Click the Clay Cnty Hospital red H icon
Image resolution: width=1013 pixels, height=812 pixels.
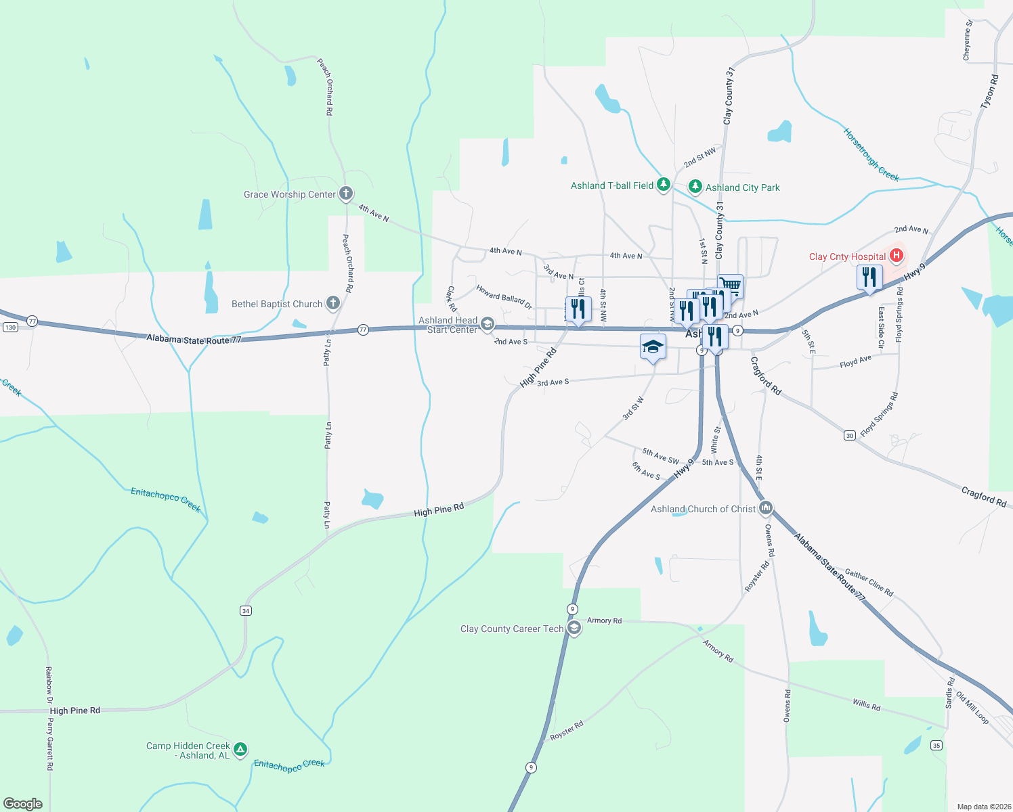pos(897,256)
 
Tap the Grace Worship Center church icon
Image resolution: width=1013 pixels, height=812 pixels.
pos(346,194)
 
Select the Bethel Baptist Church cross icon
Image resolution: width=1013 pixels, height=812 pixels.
pos(332,303)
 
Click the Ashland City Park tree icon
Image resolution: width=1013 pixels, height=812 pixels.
pos(695,187)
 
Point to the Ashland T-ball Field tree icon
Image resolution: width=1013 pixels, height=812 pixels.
pos(664,185)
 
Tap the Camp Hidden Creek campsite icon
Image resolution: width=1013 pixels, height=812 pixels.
pos(240,750)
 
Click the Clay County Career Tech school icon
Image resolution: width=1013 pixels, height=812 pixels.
pos(574,629)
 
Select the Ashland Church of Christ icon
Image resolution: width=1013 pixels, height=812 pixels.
pos(766,508)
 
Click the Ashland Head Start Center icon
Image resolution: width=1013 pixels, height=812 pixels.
pos(487,325)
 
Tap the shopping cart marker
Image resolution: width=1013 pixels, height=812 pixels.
pos(730,285)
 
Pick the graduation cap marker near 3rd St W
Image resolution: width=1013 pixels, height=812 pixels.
pos(653,347)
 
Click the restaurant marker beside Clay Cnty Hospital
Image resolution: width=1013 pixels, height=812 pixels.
pos(869,277)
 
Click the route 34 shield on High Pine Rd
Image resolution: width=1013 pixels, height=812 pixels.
pos(245,610)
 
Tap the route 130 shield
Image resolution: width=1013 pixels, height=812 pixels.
pos(10,328)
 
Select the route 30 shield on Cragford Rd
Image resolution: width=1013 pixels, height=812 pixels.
pos(850,435)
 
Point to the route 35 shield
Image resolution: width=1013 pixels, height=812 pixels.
pos(936,746)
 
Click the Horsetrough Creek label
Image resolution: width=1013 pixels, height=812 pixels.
pos(871,155)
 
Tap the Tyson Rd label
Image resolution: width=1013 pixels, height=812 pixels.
pos(989,92)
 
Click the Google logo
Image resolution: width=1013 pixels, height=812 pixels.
pos(23,804)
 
